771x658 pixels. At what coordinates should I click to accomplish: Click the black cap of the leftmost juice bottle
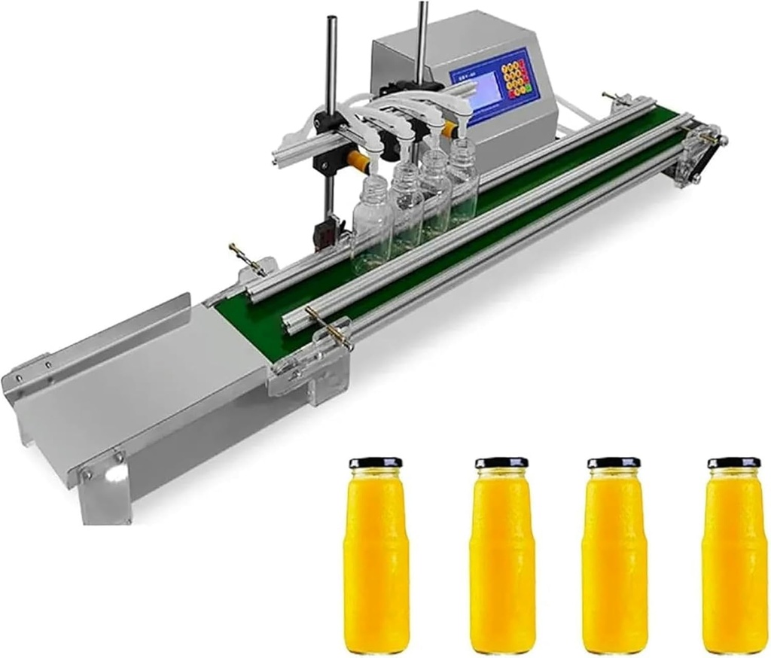[x=375, y=462]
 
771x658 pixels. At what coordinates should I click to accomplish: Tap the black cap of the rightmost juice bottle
[x=733, y=462]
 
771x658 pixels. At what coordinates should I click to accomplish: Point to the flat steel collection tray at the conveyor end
[x=136, y=391]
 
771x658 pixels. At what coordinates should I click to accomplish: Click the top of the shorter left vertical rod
[x=329, y=23]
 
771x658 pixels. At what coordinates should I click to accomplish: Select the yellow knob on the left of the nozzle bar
[x=355, y=160]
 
